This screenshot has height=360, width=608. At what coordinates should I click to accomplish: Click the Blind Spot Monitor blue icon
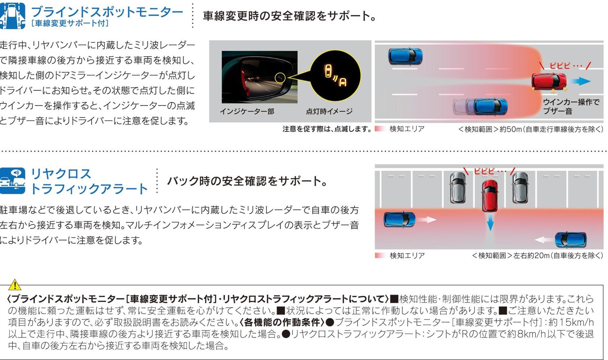pyautogui.click(x=12, y=16)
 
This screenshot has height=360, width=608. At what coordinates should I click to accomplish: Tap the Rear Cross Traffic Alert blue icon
pyautogui.click(x=12, y=181)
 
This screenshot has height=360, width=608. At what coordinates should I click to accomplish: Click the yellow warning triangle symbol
pyautogui.click(x=15, y=285)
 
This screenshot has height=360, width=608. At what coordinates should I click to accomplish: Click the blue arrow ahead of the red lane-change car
pyautogui.click(x=581, y=81)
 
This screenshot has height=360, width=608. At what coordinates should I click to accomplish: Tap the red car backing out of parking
pyautogui.click(x=490, y=196)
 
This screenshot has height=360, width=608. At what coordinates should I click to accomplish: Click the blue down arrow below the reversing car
pyautogui.click(x=490, y=222)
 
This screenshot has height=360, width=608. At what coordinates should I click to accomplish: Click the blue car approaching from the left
pyautogui.click(x=399, y=219)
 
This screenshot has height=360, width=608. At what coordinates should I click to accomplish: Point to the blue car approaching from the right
pyautogui.click(x=571, y=240)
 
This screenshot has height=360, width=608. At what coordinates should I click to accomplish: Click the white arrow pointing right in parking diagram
pyautogui.click(x=427, y=219)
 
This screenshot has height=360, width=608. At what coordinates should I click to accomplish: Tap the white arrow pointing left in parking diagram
pyautogui.click(x=544, y=240)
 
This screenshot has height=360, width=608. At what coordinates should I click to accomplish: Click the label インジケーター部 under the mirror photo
pyautogui.click(x=247, y=112)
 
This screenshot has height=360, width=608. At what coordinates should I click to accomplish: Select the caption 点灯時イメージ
pyautogui.click(x=329, y=112)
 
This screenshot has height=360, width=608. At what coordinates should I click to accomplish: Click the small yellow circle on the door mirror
pyautogui.click(x=280, y=78)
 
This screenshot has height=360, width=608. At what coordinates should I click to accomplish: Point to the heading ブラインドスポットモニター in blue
pyautogui.click(x=107, y=12)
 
